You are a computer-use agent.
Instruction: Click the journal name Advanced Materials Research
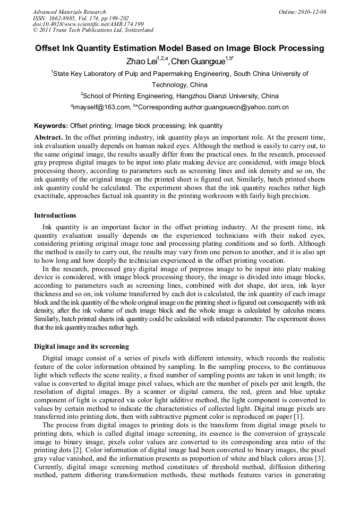(x=69, y=11)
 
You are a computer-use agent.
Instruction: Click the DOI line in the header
(x=88, y=24)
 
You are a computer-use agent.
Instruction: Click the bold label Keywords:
(x=51, y=126)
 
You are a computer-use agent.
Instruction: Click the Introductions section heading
(x=55, y=215)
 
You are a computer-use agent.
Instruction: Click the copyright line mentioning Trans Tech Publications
(x=93, y=30)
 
